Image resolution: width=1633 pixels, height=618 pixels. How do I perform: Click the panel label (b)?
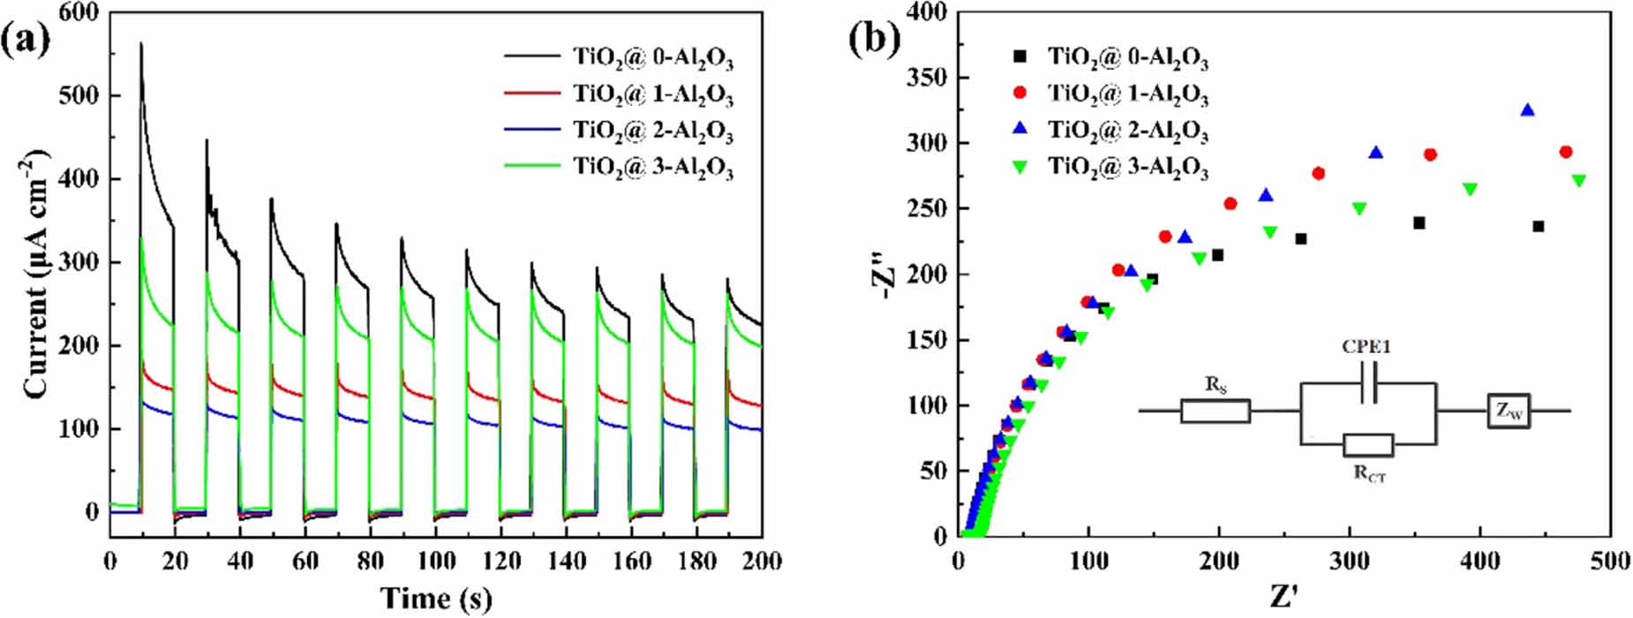[x=874, y=39]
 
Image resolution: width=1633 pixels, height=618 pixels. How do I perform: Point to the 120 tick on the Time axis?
[x=501, y=561]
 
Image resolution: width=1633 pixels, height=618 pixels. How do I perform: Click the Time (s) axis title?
[x=436, y=598]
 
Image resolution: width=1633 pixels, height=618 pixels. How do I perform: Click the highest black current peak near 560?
[x=141, y=43]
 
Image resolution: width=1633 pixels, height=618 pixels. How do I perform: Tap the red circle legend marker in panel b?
[x=1020, y=92]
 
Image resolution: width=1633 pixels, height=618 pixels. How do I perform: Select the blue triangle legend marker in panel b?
[x=1020, y=129]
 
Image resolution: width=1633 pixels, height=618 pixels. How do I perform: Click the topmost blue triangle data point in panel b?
[x=1527, y=110]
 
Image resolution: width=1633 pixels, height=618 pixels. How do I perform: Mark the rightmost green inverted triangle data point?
[x=1579, y=181]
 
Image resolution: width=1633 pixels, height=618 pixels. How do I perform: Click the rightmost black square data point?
[x=1539, y=227]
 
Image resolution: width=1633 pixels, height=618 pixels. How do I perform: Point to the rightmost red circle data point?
[x=1566, y=152]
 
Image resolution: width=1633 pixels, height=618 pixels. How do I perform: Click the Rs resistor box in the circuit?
[x=1215, y=411]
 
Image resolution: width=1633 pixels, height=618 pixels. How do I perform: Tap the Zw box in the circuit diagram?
[x=1509, y=411]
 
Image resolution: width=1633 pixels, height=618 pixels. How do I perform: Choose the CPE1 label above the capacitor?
[x=1366, y=347]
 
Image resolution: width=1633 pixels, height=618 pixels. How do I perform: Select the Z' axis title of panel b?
[x=1287, y=598]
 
